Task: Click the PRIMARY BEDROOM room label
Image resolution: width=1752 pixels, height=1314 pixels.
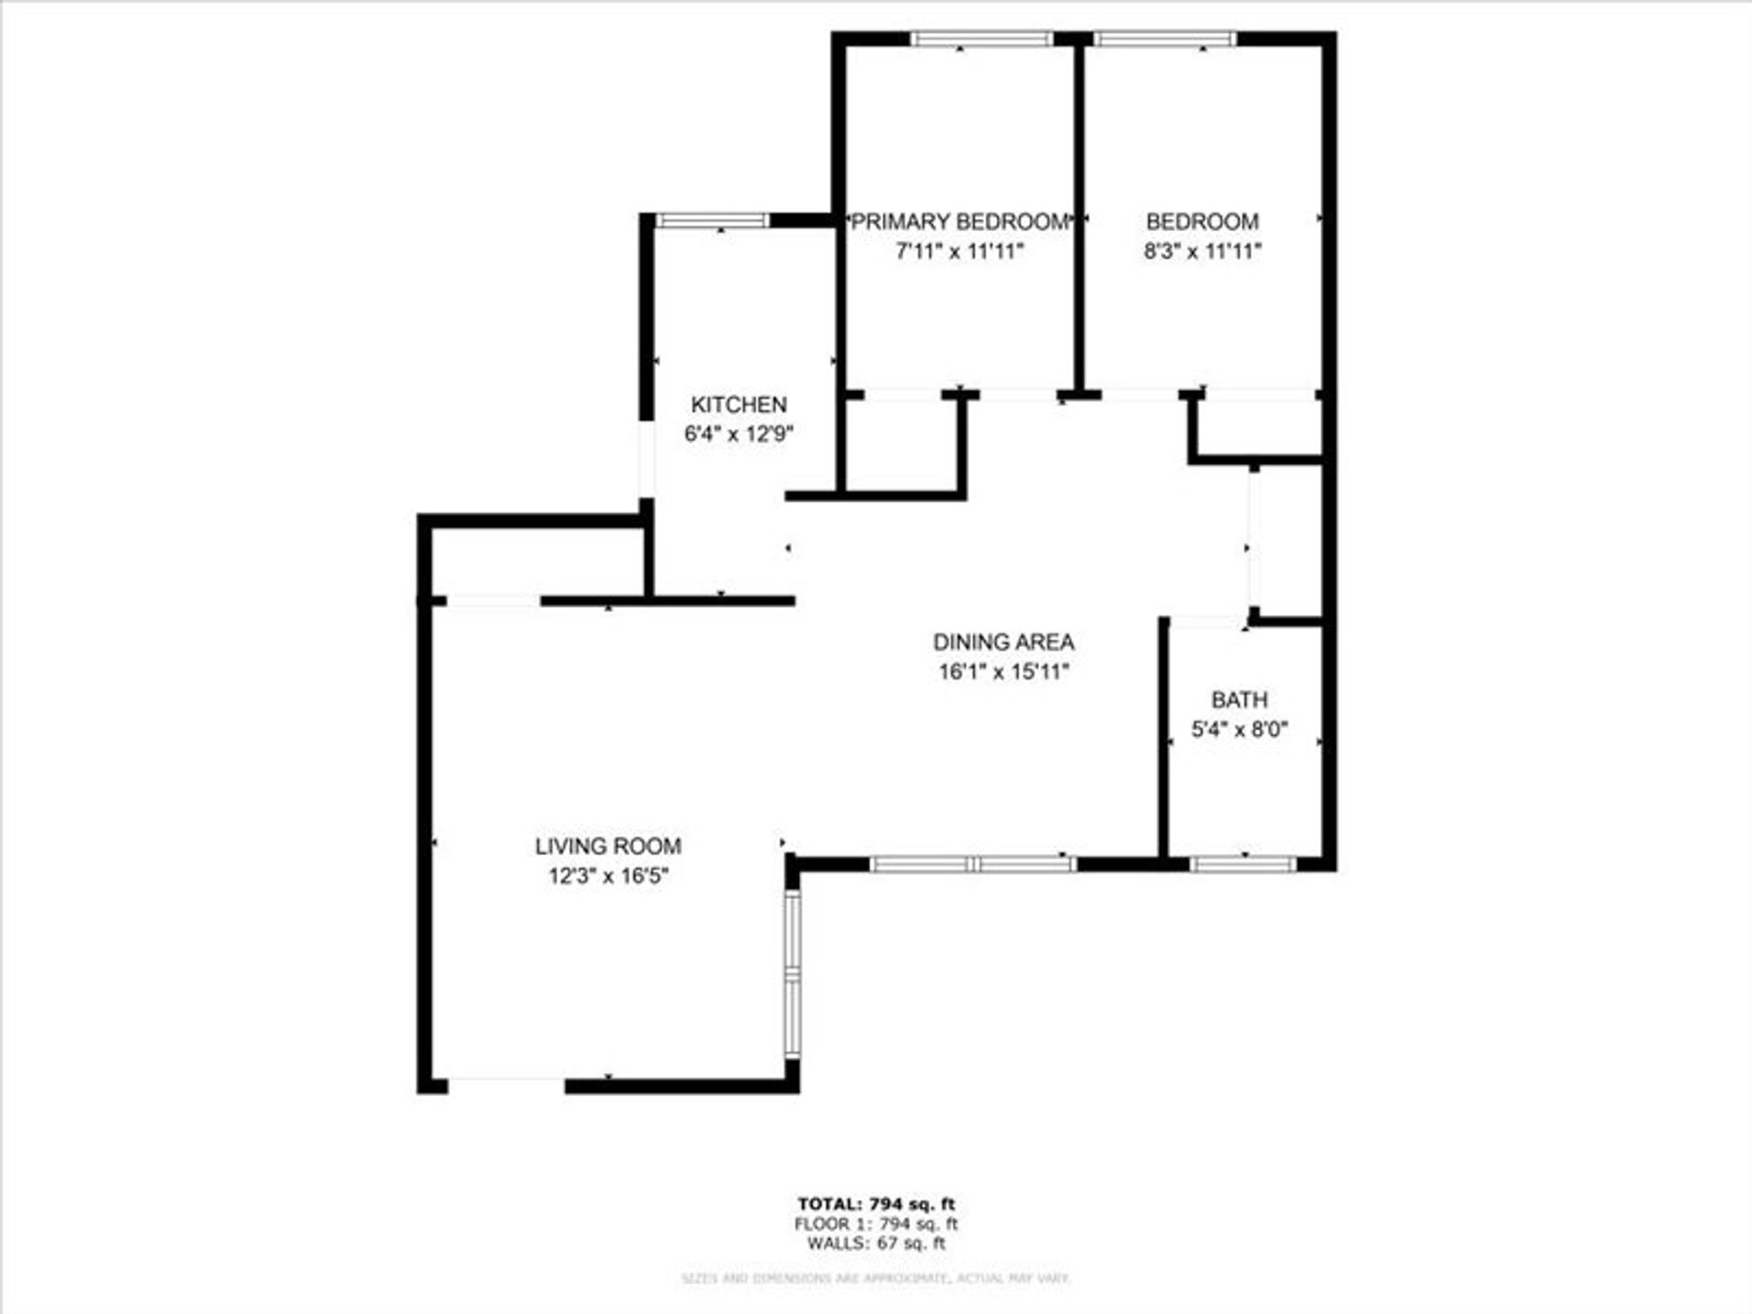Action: coord(959,222)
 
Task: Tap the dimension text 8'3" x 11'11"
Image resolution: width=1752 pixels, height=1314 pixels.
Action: coord(1202,251)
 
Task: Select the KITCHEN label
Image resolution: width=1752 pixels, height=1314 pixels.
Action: coord(738,404)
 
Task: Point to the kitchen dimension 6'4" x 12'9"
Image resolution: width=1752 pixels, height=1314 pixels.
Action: coord(738,433)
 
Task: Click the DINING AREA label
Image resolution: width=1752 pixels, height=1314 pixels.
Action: coord(1003,642)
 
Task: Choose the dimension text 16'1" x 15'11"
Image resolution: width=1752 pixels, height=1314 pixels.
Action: coord(1003,673)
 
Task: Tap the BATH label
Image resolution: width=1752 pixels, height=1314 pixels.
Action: coord(1239,700)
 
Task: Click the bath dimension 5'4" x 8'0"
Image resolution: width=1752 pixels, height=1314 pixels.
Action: coord(1239,729)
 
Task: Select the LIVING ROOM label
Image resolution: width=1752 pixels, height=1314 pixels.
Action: coord(608,847)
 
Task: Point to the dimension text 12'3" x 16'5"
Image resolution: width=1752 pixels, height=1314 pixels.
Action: coord(608,877)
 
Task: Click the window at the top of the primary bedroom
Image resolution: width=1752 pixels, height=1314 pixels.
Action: coord(982,39)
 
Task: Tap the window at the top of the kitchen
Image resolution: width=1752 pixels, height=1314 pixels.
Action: coord(713,220)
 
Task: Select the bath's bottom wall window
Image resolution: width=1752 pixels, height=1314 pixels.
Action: coord(1243,863)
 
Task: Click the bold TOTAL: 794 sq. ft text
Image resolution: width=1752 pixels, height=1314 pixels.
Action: coord(876,1204)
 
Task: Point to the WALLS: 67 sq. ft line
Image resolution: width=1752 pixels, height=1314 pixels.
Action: coord(876,1244)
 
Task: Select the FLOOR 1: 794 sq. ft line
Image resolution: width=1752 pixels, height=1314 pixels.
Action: coord(876,1225)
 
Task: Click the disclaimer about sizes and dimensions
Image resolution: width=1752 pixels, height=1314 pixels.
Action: coord(876,1278)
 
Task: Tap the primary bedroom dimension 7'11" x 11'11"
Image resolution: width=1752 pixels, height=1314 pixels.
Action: coord(959,251)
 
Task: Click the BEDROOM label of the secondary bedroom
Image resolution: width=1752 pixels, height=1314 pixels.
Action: coord(1202,222)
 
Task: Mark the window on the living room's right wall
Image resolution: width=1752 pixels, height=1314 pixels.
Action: coord(792,974)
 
